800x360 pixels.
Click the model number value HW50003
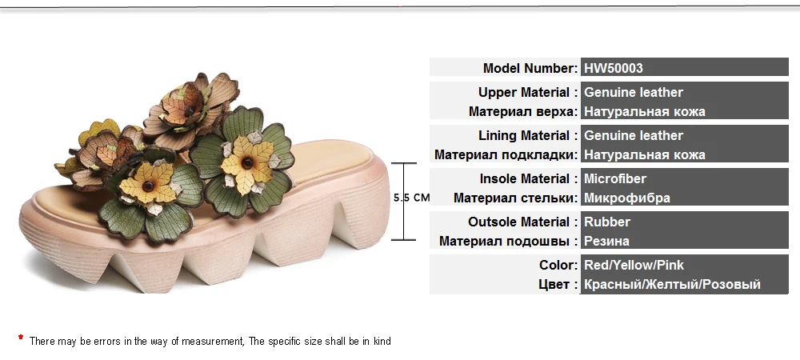coord(614,68)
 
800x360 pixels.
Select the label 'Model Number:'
coord(530,68)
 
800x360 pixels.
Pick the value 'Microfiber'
coord(615,178)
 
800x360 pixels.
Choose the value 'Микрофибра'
coord(627,198)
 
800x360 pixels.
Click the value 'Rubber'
coord(607,222)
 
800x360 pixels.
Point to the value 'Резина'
coord(606,241)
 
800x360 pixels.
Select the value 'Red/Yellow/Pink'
coord(634,265)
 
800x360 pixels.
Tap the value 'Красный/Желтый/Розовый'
coord(672,284)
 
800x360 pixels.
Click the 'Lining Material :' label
coord(528,135)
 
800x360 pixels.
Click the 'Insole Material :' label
coord(529,178)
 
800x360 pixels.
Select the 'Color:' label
coord(558,265)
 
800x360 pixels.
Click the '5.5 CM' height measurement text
coord(412,197)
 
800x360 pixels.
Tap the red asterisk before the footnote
coord(21,339)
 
